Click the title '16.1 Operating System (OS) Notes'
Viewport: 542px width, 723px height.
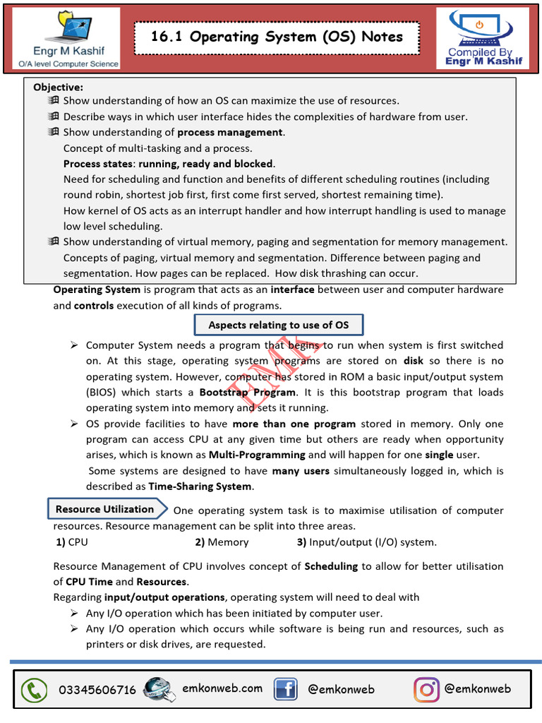277,37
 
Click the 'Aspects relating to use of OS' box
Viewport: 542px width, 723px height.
279,325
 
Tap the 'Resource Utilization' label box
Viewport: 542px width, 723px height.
104,509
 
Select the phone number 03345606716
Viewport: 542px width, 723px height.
97,690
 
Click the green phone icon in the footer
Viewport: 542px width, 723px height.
33,690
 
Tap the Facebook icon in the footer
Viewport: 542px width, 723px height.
285,689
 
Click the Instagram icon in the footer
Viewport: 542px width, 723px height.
426,689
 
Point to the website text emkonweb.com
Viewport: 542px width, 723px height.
222,688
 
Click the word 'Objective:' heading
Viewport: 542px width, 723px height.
58,88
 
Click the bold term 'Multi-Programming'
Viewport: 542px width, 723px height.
257,455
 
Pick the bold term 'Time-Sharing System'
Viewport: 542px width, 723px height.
200,486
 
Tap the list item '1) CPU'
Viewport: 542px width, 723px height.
72,542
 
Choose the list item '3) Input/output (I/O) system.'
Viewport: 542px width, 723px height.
367,542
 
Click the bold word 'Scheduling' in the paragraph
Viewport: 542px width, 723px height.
331,566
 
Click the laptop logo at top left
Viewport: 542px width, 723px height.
69,39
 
